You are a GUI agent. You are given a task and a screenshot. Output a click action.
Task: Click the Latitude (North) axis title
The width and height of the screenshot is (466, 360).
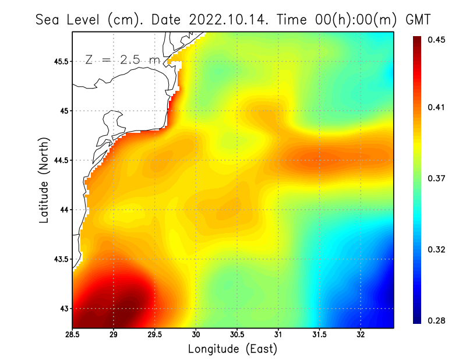point(44,179)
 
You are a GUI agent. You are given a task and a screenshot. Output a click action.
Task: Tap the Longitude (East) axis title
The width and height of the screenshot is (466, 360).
point(232,349)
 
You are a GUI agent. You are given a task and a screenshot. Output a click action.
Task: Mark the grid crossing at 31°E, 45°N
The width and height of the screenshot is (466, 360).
point(278,111)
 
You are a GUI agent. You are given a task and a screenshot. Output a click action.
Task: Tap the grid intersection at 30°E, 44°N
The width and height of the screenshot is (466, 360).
point(196,210)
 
